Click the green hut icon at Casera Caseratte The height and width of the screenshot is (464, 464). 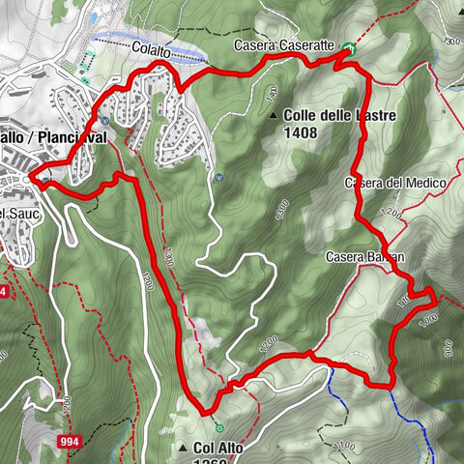(348, 49)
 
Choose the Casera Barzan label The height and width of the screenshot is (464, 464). (364, 256)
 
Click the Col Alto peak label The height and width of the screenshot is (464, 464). (217, 448)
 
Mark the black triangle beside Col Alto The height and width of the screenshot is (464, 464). (184, 448)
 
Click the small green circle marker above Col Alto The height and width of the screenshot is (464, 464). (220, 427)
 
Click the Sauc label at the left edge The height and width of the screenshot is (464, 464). (14, 211)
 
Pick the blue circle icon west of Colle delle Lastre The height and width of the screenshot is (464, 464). (221, 178)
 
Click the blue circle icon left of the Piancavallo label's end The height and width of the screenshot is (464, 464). (104, 121)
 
